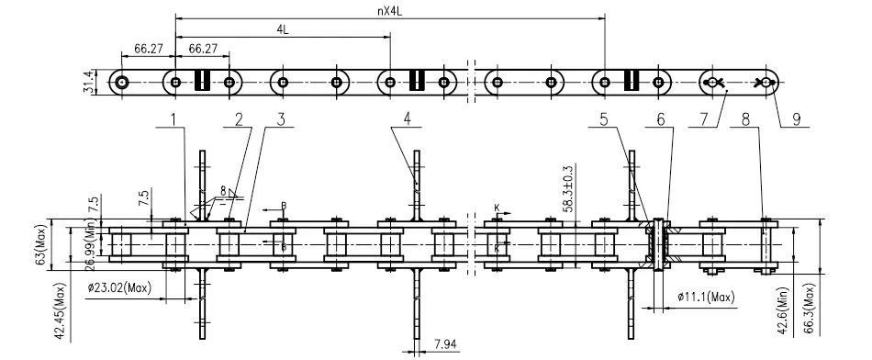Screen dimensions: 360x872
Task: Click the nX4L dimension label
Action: coord(390,9)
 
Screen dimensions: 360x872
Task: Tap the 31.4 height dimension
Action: coord(88,82)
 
